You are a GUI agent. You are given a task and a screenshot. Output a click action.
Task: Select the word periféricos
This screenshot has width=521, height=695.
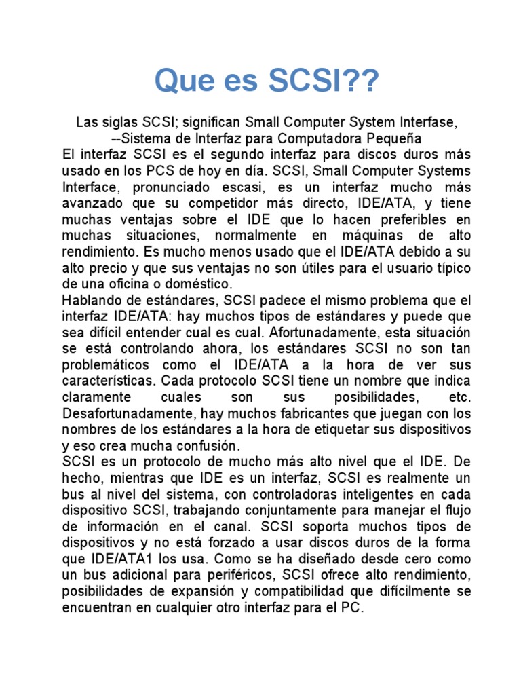[x=242, y=575]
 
